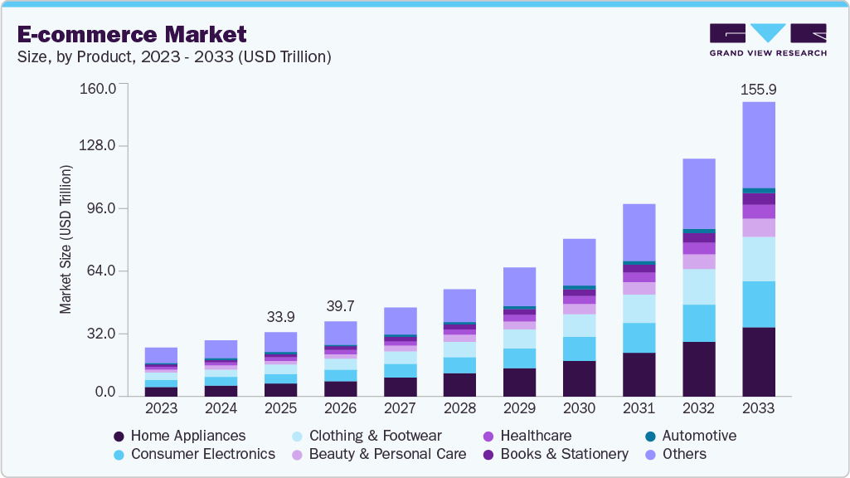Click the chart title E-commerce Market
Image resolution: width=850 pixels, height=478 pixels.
(x=132, y=34)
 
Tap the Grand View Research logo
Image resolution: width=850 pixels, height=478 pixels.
(x=767, y=39)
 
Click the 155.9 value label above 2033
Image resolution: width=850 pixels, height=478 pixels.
(x=758, y=89)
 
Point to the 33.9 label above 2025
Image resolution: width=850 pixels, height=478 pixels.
(x=280, y=318)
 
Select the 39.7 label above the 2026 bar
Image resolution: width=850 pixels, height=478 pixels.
(x=340, y=307)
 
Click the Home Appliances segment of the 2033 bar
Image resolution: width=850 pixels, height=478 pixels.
(x=758, y=361)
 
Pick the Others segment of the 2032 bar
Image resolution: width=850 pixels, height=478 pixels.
(x=698, y=193)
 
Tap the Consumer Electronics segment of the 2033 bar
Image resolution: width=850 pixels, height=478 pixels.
(x=758, y=304)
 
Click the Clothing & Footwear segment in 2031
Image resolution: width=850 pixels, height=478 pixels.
(x=639, y=309)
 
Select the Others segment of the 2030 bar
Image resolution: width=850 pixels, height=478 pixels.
(x=579, y=262)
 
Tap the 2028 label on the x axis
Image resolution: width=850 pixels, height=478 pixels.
(x=459, y=409)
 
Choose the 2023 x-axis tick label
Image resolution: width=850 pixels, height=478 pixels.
(x=161, y=409)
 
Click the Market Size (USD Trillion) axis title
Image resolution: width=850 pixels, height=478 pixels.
(x=66, y=239)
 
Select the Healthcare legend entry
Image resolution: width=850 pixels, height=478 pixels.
(x=527, y=436)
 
